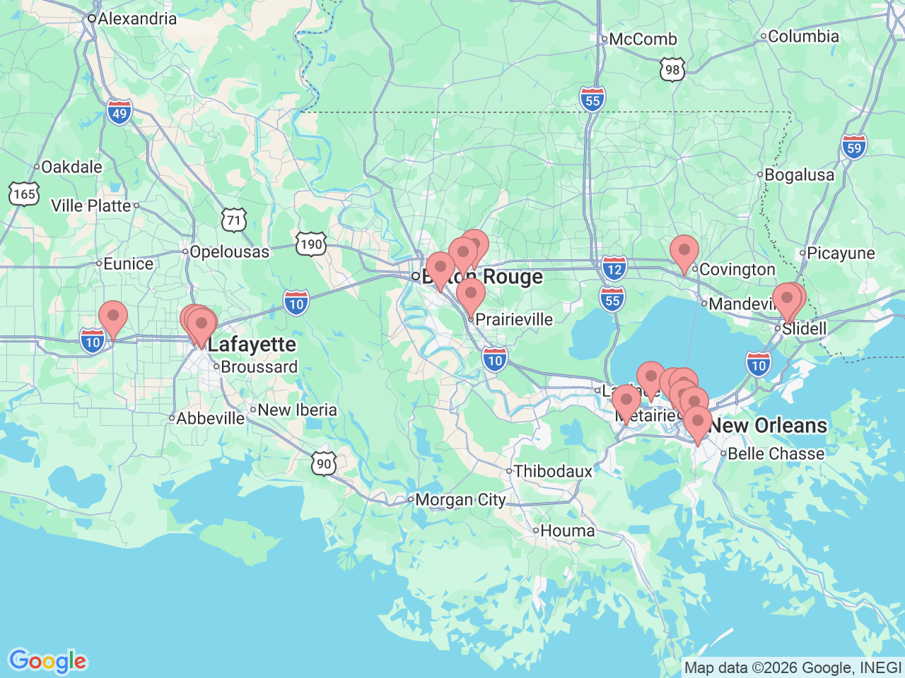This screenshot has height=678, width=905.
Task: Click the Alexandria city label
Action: [136, 19]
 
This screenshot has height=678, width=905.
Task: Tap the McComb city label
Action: [643, 40]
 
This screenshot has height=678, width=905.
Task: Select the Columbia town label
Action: [803, 36]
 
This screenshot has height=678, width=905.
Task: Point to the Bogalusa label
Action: [799, 175]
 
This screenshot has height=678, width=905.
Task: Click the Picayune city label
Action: [841, 254]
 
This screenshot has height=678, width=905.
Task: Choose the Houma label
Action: [567, 530]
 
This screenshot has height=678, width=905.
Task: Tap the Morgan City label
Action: [460, 500]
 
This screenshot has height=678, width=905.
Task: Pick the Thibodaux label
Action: [553, 471]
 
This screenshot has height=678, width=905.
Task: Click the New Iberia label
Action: [297, 410]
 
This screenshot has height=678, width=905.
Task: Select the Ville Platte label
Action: [91, 206]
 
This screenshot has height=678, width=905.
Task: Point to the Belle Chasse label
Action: [776, 454]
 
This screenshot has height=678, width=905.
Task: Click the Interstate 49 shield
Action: [119, 112]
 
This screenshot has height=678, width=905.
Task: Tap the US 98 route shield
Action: [672, 69]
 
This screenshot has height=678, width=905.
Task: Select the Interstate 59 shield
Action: [854, 148]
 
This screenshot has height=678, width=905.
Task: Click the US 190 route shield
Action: [310, 244]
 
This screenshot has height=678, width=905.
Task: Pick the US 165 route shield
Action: [24, 194]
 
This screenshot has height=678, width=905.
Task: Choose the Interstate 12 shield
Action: [614, 268]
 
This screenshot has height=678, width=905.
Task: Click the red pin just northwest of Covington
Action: [684, 253]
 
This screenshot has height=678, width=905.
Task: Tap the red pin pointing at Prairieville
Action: [471, 296]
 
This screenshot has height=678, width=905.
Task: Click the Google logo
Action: [47, 662]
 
